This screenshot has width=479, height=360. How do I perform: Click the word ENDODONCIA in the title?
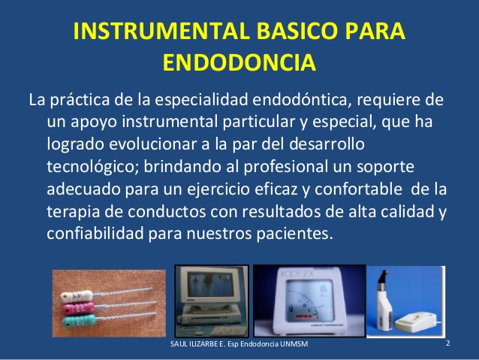click(239, 62)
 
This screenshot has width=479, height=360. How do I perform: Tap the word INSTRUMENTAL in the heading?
click(161, 31)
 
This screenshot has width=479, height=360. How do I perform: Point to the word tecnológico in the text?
click(93, 168)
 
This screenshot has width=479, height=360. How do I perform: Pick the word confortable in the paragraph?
click(358, 189)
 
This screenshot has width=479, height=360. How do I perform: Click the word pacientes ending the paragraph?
click(294, 234)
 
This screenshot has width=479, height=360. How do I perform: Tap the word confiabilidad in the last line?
click(95, 234)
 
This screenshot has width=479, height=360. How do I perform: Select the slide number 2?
click(447, 343)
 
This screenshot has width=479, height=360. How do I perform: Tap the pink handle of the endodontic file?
click(79, 308)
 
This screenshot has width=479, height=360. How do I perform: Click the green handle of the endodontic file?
click(80, 322)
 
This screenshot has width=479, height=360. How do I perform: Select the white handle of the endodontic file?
click(77, 296)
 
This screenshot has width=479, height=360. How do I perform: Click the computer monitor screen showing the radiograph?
click(211, 284)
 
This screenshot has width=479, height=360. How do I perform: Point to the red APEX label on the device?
click(303, 316)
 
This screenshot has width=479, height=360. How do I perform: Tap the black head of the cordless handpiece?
click(382, 277)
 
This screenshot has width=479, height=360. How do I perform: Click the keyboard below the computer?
click(229, 331)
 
